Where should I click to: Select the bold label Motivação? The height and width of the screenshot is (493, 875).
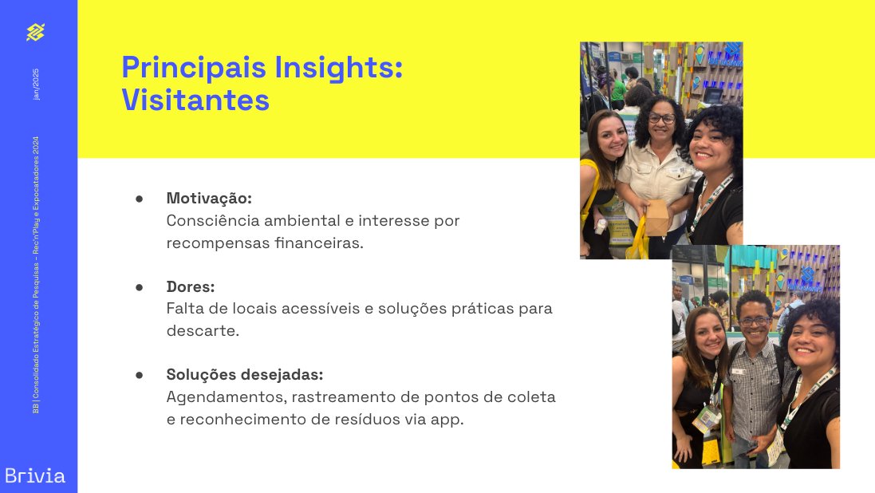(x=209, y=198)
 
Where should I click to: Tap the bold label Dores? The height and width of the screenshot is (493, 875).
(x=191, y=286)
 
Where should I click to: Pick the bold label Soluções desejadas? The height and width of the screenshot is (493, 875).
(x=244, y=374)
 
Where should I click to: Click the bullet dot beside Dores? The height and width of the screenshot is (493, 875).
(x=139, y=286)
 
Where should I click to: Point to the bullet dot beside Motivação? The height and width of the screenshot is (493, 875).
(x=139, y=198)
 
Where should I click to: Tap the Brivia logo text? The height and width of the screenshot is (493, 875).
(x=35, y=476)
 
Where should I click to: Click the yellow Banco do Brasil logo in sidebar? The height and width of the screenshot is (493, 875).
(x=35, y=32)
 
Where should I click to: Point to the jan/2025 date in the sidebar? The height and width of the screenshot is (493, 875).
(x=35, y=83)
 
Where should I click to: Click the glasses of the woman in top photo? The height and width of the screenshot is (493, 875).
(x=661, y=118)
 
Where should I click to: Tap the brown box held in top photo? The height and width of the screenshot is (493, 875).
(x=656, y=217)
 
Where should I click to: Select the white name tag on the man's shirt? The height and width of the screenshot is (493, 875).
(x=738, y=371)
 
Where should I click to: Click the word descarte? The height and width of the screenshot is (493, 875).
(x=203, y=330)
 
